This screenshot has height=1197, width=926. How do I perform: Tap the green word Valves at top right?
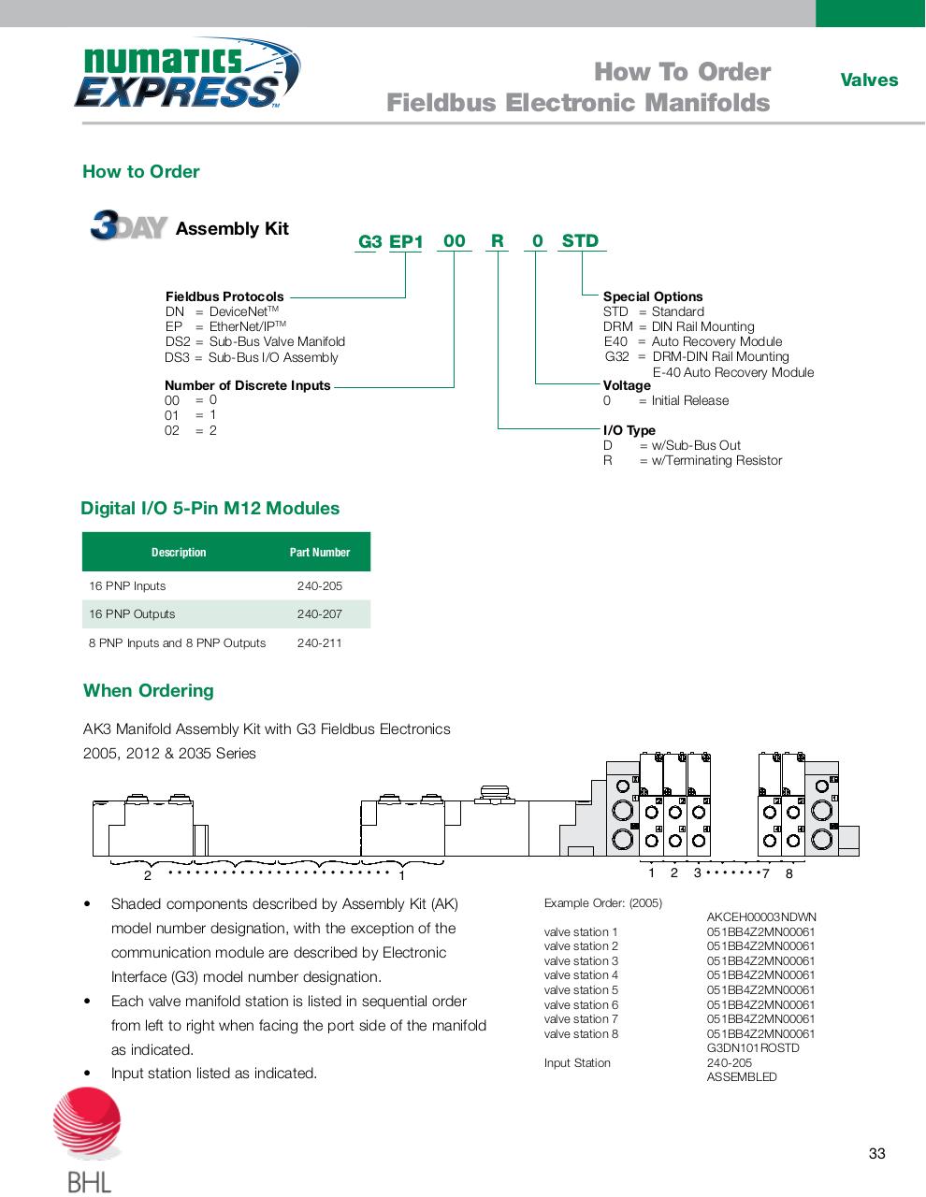click(868, 80)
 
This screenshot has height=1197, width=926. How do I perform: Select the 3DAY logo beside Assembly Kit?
click(128, 227)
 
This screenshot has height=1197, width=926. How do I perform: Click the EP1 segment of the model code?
click(406, 242)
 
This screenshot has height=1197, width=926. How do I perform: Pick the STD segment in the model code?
click(580, 241)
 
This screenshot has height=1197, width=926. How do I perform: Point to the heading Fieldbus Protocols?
click(224, 296)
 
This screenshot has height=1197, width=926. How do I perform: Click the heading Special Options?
click(652, 296)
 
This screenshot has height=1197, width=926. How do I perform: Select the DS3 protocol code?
click(177, 357)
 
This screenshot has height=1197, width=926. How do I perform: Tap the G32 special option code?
click(617, 356)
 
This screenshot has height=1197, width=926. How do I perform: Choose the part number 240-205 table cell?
click(320, 586)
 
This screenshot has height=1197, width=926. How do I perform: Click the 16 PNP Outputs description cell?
click(132, 614)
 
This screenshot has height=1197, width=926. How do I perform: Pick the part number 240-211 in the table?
click(320, 643)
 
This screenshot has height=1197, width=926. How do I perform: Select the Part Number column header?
click(320, 553)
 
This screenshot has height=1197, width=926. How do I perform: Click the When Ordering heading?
click(149, 691)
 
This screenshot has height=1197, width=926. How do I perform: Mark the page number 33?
click(876, 1153)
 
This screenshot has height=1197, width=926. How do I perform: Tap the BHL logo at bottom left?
click(89, 1141)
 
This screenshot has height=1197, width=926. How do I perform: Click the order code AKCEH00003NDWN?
click(761, 917)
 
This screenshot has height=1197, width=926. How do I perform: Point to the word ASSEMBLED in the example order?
click(742, 1077)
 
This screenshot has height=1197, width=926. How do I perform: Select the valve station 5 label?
click(581, 990)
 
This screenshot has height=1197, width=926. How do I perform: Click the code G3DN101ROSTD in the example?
click(753, 1048)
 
